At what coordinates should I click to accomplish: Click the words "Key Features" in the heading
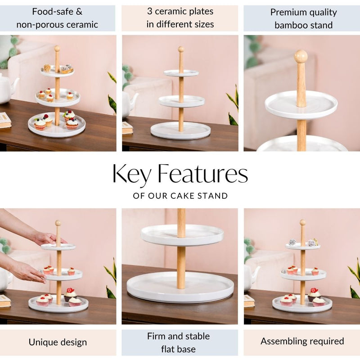[180, 175]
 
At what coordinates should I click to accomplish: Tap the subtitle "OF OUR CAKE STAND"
[180, 196]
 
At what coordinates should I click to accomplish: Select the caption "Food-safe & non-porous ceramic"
[57, 18]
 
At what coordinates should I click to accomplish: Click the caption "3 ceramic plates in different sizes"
[180, 18]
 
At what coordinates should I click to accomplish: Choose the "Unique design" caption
[58, 342]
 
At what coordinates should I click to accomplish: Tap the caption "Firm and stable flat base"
[180, 342]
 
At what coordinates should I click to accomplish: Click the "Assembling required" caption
[302, 341]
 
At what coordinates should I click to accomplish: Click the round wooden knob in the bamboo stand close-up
[301, 56]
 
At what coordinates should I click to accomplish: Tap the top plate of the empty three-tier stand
[181, 72]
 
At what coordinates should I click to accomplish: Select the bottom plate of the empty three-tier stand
[180, 130]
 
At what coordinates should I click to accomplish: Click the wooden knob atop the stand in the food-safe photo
[57, 48]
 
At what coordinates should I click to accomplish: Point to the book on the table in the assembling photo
[249, 301]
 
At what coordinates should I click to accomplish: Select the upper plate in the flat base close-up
[182, 234]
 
